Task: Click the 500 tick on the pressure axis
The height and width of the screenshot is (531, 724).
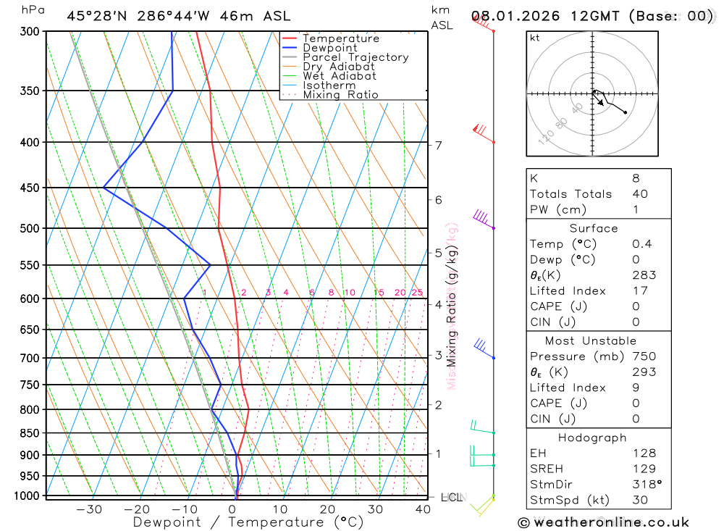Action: point(30,228)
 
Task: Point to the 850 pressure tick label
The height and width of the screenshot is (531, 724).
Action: point(30,433)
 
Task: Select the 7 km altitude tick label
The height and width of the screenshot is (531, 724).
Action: point(439,145)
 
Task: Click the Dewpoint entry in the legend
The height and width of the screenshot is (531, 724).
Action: point(329,48)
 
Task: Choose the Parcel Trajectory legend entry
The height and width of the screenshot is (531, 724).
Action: point(355,57)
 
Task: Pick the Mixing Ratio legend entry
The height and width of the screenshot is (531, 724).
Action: point(340,95)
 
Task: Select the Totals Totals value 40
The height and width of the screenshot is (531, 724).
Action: point(639,193)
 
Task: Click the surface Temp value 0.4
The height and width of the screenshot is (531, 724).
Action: point(641,243)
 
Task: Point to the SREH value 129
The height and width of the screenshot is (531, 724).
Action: point(644,469)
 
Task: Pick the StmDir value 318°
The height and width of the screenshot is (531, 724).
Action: point(647,485)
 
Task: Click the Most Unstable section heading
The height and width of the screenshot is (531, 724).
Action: point(591,340)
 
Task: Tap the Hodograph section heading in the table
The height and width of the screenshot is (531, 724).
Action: point(592,438)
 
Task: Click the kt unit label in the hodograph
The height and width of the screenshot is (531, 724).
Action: point(535,38)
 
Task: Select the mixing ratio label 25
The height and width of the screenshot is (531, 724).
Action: point(417,293)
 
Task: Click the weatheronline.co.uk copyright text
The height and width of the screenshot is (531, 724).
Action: point(604,522)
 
